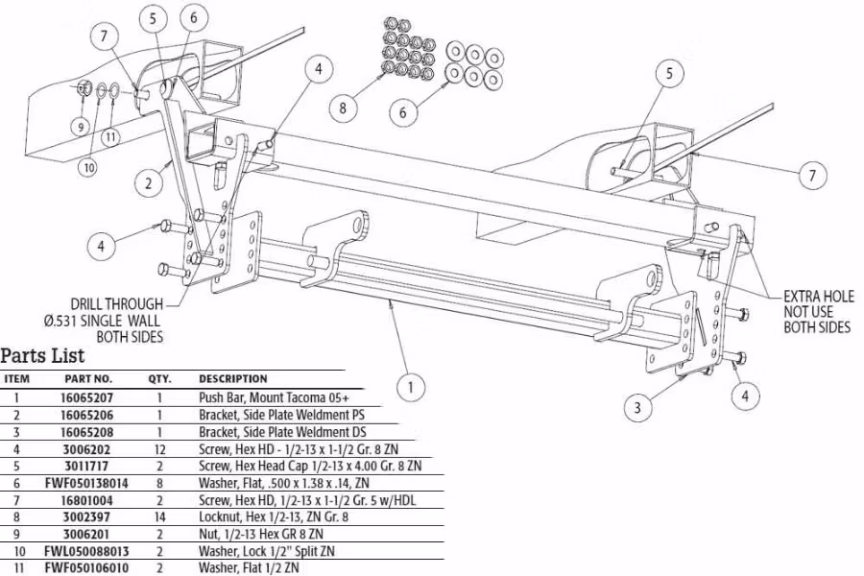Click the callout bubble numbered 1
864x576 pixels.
(411, 388)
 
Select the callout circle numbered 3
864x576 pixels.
(636, 408)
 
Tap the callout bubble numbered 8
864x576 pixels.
(342, 108)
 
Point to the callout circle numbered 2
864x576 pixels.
(147, 182)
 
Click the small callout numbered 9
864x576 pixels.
(81, 124)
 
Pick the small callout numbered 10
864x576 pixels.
(88, 167)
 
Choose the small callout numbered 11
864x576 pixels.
(111, 135)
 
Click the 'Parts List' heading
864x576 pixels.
(42, 355)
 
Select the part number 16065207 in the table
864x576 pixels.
(88, 396)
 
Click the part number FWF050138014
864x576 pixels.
(88, 482)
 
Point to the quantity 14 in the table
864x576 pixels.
(157, 516)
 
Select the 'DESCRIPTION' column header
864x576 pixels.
(233, 378)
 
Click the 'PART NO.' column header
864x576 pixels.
(88, 378)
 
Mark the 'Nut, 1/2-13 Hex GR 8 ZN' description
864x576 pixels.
(260, 534)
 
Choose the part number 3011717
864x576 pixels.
(88, 465)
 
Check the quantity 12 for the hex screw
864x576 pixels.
(157, 447)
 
